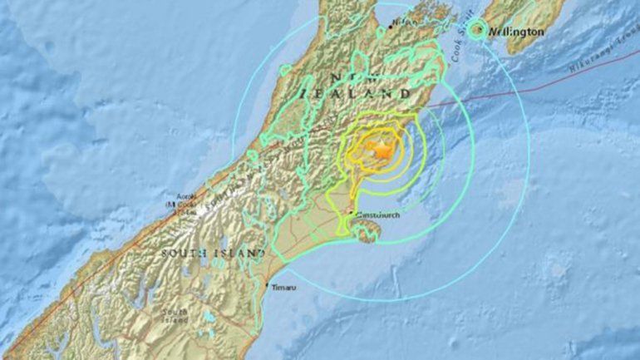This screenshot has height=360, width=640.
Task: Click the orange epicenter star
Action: [381, 150]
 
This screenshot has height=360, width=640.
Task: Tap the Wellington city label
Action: [517, 32]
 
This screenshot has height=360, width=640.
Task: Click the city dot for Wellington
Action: [477, 30]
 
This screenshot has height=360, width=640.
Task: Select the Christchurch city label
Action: [379, 215]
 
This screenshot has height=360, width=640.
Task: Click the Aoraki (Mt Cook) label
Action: [180, 204]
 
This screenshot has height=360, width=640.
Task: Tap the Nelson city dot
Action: [389, 27]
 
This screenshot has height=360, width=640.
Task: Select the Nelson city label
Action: [405, 22]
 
